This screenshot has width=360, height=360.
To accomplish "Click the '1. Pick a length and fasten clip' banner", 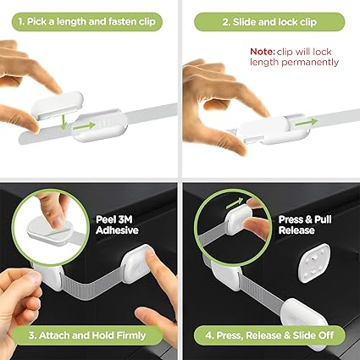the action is coord(87,22).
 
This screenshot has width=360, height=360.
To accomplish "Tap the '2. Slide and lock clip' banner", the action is coord(269,22).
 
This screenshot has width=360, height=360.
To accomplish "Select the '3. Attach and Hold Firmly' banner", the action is coord(87,335).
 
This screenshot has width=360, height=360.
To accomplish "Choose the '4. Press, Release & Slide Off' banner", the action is coord(269,335).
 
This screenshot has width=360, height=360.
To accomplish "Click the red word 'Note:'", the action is coord(263,52).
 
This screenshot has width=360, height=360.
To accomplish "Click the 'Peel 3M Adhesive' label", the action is coord(117,224).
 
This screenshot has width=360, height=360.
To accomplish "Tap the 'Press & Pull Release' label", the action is coord(305,224).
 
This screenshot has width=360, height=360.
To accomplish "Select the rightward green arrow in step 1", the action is coord(84,126).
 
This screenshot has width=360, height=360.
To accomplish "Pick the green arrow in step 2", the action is coord(307,122).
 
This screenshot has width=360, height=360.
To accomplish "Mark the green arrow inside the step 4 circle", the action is coord(234,203).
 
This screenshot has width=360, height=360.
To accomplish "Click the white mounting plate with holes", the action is coord(314,263).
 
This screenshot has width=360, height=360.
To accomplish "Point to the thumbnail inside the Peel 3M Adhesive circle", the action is coord(58,221).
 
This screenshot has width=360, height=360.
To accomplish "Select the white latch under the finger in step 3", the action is coord(137,264).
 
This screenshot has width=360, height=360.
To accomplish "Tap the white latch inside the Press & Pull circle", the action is coord(239,219).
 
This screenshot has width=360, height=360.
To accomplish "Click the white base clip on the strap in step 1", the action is coord(100,125).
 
